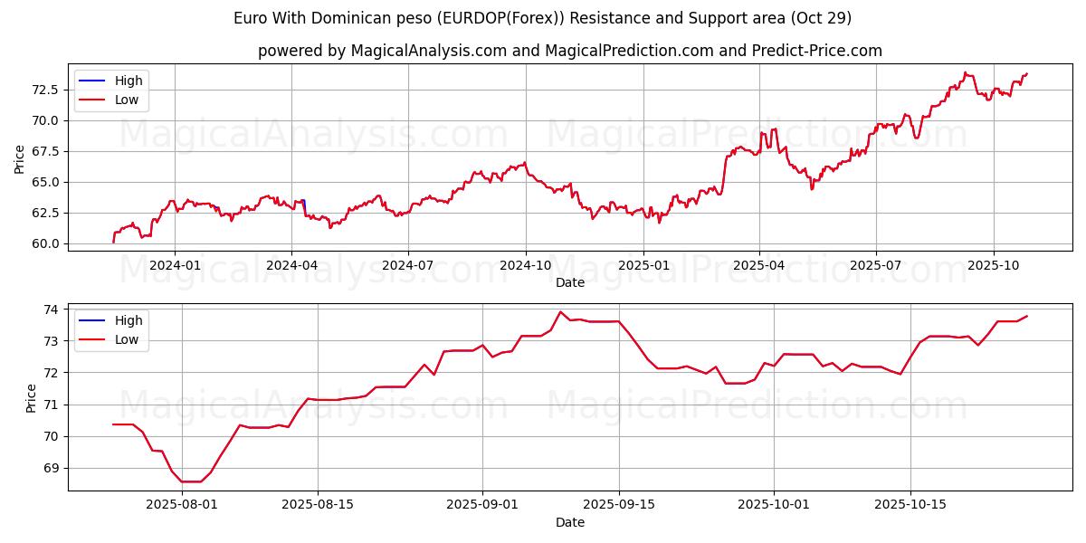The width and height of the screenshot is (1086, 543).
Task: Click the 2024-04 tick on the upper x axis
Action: [x=291, y=265]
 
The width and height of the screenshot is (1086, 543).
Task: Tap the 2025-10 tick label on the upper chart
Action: [x=994, y=265]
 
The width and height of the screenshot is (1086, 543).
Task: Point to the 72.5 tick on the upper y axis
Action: [x=45, y=90]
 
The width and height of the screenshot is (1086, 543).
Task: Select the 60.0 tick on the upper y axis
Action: [x=45, y=243]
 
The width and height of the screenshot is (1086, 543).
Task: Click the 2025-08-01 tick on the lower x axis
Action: [x=182, y=505]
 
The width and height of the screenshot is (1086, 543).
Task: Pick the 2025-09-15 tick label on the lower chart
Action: [x=619, y=505]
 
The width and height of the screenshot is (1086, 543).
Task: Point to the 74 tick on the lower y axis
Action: [x=52, y=310]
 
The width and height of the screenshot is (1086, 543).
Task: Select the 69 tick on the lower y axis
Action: [x=52, y=468]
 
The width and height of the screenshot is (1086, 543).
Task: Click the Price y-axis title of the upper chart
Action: [x=20, y=158]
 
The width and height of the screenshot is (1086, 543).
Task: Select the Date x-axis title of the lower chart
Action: [x=569, y=522]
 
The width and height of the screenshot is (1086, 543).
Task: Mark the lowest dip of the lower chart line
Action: [x=190, y=481]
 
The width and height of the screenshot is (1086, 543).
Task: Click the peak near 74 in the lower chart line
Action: [x=560, y=312]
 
